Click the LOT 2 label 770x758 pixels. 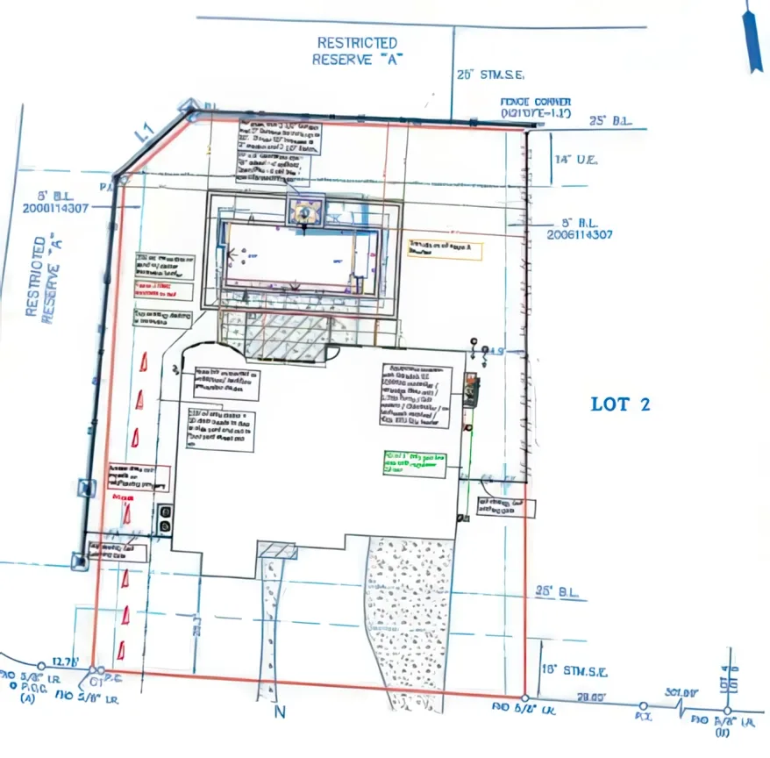click(x=620, y=404)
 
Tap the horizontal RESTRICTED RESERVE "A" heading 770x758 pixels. click(x=356, y=51)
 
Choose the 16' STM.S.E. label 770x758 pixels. click(x=574, y=672)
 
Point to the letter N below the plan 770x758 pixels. click(x=280, y=712)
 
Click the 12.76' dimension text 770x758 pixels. click(x=67, y=661)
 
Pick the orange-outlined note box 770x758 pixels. click(x=445, y=248)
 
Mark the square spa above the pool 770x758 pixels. click(x=304, y=211)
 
